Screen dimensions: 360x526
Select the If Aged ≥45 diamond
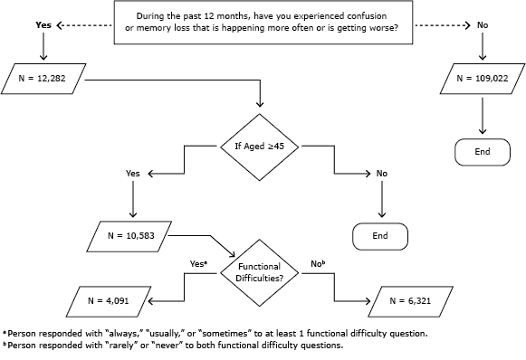click(x=261, y=146)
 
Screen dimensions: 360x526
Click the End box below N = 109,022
click(x=483, y=151)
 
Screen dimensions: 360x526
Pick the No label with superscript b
click(x=318, y=263)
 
